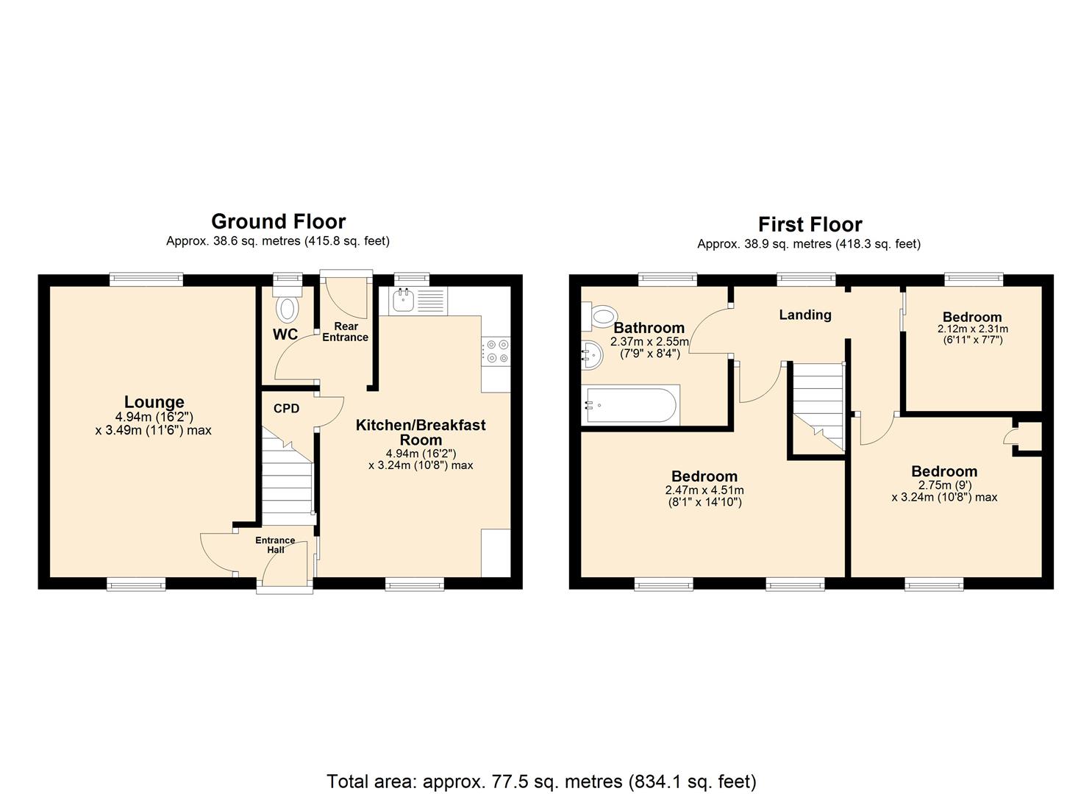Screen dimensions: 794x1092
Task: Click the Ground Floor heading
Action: pyautogui.click(x=278, y=221)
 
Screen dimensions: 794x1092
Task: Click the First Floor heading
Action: pyautogui.click(x=810, y=224)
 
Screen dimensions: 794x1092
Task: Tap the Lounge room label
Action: pyautogui.click(x=154, y=402)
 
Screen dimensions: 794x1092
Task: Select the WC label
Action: pyautogui.click(x=285, y=335)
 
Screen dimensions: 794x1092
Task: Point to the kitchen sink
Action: pyautogui.click(x=403, y=299)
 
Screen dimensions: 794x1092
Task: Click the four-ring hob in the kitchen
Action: pyautogui.click(x=496, y=351)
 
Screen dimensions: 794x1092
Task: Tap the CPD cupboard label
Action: pyautogui.click(x=286, y=409)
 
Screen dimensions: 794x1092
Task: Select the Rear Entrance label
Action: pyautogui.click(x=345, y=332)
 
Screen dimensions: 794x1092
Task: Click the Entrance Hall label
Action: pyautogui.click(x=275, y=545)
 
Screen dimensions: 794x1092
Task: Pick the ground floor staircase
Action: pyautogui.click(x=288, y=478)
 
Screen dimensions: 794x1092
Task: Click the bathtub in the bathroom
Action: pyautogui.click(x=630, y=405)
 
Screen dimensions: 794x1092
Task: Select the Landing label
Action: pyautogui.click(x=805, y=315)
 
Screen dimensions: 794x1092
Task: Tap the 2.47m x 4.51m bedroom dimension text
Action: pyautogui.click(x=704, y=490)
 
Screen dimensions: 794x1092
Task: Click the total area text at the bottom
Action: pyautogui.click(x=541, y=781)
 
